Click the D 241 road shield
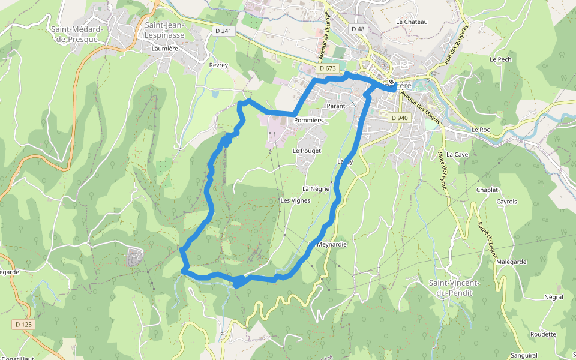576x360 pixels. pyautogui.click(x=222, y=31)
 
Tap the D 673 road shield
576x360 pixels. pyautogui.click(x=328, y=68)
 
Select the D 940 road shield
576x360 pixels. pyautogui.click(x=399, y=118)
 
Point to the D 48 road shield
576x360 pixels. pyautogui.click(x=358, y=29)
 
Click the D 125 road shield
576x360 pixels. pyautogui.click(x=23, y=325)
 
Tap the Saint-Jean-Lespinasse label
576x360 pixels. pyautogui.click(x=164, y=30)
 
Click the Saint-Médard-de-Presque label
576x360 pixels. pyautogui.click(x=77, y=34)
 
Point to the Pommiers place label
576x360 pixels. pyautogui.click(x=308, y=121)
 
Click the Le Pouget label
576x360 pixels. pyautogui.click(x=307, y=151)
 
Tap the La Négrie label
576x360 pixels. pyautogui.click(x=316, y=188)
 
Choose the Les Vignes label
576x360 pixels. pyautogui.click(x=295, y=200)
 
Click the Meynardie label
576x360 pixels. pyautogui.click(x=331, y=245)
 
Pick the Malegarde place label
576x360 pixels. pyautogui.click(x=511, y=262)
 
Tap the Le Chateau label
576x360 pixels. pyautogui.click(x=412, y=22)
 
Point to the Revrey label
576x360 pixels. pyautogui.click(x=218, y=65)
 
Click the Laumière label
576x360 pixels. pyautogui.click(x=166, y=49)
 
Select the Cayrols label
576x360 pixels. pyautogui.click(x=506, y=202)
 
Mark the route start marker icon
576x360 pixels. pyautogui.click(x=391, y=82)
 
